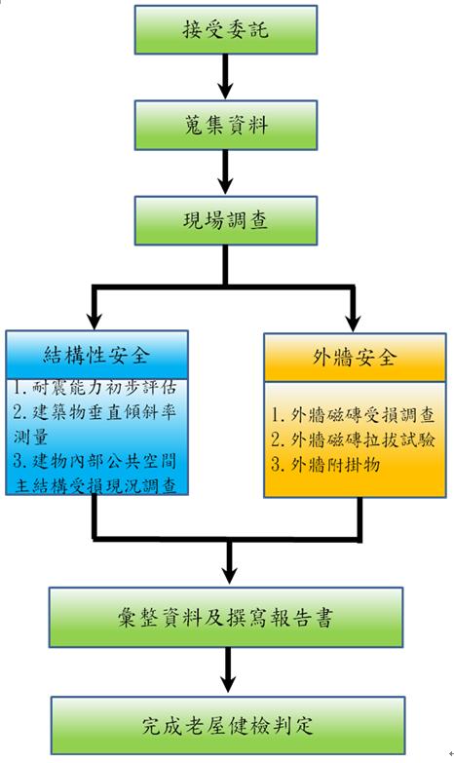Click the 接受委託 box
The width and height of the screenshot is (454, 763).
[226, 29]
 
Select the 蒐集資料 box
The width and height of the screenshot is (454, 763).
[226, 125]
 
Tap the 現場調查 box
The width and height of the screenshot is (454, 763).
[226, 220]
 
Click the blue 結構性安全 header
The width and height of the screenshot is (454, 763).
[96, 356]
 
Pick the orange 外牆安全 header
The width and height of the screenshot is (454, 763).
[355, 358]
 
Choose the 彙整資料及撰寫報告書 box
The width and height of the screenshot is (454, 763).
[226, 618]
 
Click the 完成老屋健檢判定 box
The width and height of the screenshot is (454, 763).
[228, 726]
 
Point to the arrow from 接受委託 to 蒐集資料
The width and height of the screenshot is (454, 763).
[225, 77]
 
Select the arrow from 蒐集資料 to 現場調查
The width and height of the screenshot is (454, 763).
[225, 172]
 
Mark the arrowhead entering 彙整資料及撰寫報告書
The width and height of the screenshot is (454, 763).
[229, 576]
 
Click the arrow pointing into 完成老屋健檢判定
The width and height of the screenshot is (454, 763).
[228, 672]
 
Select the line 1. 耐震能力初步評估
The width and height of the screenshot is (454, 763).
[95, 388]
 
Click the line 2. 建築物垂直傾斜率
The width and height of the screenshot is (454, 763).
[95, 412]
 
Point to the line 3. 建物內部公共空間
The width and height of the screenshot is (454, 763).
[95, 461]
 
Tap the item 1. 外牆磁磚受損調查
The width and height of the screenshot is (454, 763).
[353, 415]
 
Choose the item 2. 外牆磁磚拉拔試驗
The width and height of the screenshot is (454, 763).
[353, 439]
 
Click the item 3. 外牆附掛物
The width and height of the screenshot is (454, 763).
[325, 465]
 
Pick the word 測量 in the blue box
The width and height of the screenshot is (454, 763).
[30, 437]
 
